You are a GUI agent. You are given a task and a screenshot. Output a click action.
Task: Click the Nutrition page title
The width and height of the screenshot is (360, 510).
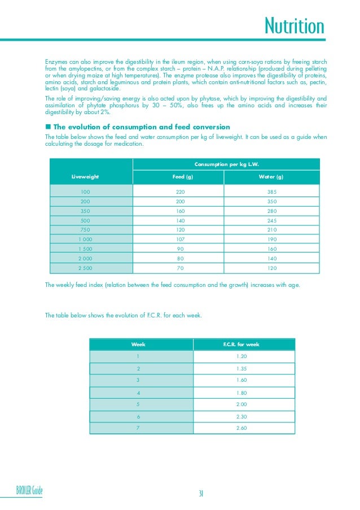295,26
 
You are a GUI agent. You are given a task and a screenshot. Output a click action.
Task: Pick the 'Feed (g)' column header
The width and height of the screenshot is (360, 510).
180,177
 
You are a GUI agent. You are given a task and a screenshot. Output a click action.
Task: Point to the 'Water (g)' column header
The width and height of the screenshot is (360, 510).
271,177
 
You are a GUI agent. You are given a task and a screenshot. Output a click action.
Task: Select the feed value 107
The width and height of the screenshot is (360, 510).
180,239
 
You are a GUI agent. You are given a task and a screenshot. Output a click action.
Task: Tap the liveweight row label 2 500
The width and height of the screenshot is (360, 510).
85,268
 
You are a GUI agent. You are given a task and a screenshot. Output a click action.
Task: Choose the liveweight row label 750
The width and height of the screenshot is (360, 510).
85,230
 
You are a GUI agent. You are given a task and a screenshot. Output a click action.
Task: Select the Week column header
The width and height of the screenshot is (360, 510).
138,344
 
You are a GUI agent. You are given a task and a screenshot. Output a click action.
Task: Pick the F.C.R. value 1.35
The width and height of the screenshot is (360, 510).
242,368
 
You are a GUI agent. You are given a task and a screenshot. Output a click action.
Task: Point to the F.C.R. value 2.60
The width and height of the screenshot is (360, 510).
242,428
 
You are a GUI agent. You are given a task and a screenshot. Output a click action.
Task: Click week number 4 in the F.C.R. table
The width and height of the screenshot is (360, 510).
138,393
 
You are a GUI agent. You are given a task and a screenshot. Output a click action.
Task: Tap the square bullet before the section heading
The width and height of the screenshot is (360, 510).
48,127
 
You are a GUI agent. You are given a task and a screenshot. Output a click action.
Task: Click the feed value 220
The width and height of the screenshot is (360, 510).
180,192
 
